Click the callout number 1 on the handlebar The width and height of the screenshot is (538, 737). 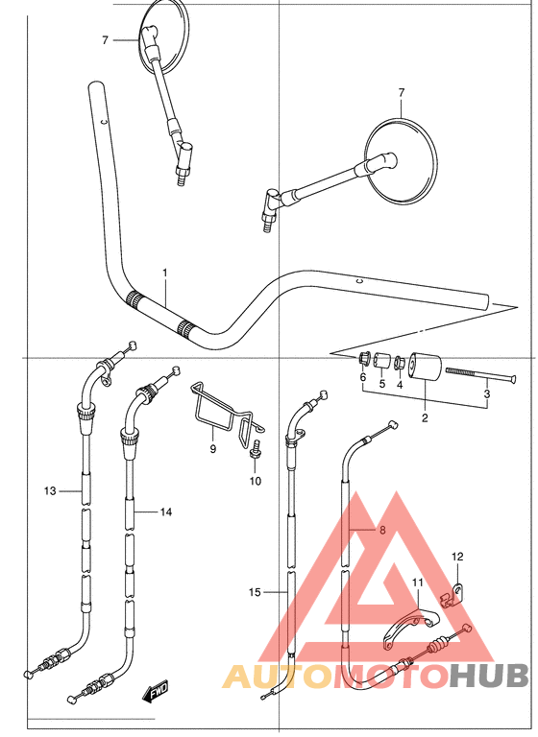click(164, 273)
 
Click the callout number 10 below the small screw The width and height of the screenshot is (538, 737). click(256, 481)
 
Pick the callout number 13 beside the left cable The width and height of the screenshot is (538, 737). click(50, 491)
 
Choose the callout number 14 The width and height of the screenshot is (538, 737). click(166, 512)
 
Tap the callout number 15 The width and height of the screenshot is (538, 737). click(254, 592)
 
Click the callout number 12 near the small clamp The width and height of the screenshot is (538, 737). click(457, 557)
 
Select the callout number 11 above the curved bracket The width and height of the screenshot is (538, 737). click(417, 582)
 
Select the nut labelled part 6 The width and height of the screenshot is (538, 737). click(363, 360)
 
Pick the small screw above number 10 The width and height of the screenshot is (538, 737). click(257, 448)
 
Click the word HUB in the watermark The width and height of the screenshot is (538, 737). click(489, 677)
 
